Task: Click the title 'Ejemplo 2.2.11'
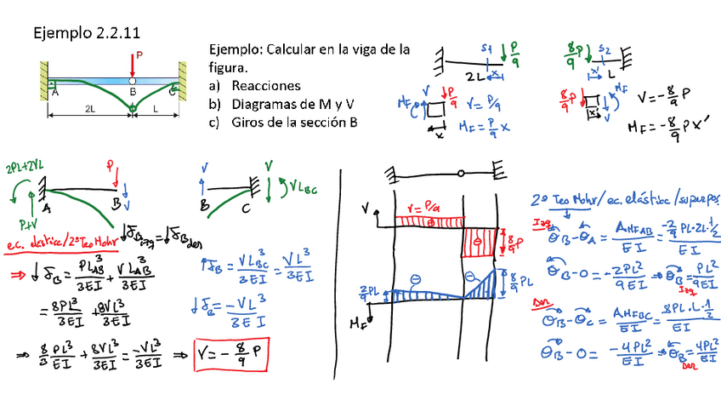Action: click(x=87, y=33)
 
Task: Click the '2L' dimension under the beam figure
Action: click(x=89, y=110)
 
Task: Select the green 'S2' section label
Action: click(x=605, y=49)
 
